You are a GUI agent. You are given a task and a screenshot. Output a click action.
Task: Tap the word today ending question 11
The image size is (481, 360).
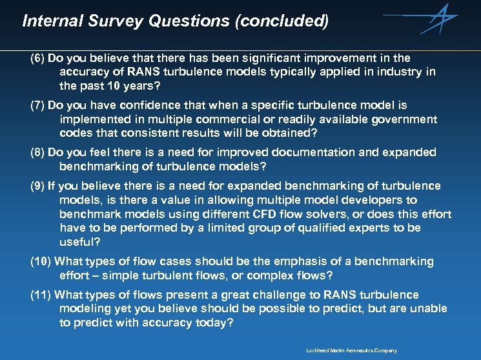(x=213, y=323)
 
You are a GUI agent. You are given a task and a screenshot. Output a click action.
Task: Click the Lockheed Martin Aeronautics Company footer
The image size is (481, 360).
(x=352, y=350)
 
